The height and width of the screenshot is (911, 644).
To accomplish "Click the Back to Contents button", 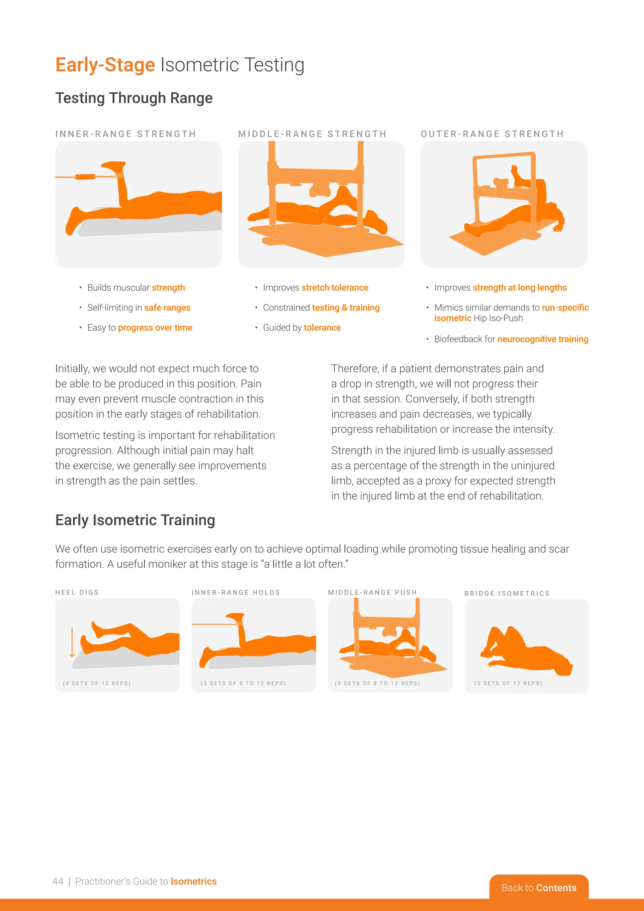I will coord(539,888).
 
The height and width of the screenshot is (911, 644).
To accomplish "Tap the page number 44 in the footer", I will coord(58,881).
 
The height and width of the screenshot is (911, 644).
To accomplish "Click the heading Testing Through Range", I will coord(134,98).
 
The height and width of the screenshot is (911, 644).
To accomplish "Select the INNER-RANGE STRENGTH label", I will coord(126,134).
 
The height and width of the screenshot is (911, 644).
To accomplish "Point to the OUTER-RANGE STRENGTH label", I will coord(492,134).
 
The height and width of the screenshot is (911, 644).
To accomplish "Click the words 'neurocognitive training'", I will coord(542,339).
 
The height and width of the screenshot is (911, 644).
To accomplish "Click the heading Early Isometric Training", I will coord(135,520).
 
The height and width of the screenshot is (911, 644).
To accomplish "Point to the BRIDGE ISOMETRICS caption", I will coord(507,593).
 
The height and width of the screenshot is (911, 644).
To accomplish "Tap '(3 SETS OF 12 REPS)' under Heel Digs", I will coord(97,683).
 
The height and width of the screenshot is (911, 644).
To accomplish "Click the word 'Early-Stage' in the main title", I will coord(105,65).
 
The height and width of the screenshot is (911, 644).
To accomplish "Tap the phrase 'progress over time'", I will coord(155,328).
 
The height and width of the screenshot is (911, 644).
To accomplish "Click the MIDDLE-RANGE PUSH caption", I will coord(372,592).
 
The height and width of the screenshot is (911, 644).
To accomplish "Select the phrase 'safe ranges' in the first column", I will coord(167,308).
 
